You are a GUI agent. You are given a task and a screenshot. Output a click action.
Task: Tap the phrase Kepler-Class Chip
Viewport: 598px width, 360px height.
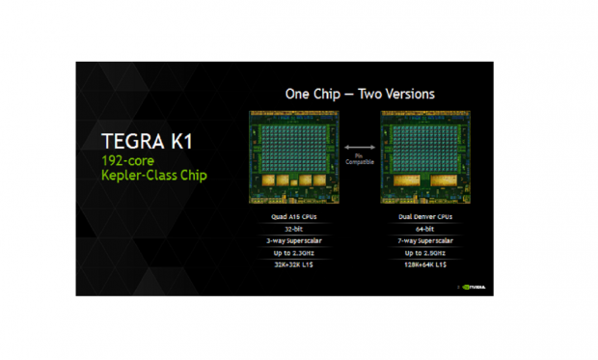tap(152, 178)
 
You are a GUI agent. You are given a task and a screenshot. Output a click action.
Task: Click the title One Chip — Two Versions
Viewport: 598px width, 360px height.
tap(359, 94)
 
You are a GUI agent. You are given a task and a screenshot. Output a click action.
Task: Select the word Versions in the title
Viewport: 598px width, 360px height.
tap(405, 94)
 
